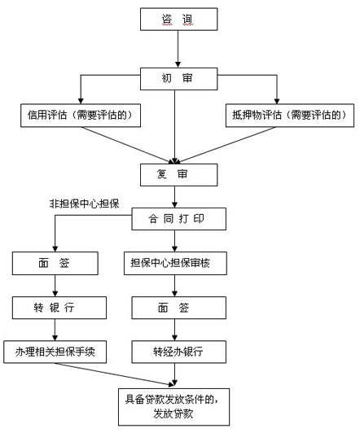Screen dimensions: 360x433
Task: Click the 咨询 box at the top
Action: click(178, 19)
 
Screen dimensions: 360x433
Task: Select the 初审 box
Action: click(178, 79)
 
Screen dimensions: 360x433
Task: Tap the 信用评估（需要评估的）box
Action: click(81, 116)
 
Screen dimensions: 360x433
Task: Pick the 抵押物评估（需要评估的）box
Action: click(290, 116)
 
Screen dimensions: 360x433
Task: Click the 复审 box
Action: click(178, 175)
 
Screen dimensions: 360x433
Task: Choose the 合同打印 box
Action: click(178, 219)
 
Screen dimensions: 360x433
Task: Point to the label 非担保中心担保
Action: click(84, 203)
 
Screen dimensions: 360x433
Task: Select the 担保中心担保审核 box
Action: click(175, 263)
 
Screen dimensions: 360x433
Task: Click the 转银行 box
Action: click(59, 308)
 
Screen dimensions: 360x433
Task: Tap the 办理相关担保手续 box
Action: click(55, 352)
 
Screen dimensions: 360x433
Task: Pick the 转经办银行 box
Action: click(178, 352)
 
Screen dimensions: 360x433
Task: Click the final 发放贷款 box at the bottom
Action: click(173, 407)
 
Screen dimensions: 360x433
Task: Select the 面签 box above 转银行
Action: click(55, 263)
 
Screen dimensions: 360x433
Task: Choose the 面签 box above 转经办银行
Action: click(178, 308)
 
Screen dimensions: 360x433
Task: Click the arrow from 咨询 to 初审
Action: click(178, 49)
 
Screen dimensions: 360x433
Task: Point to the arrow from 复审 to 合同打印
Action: click(174, 197)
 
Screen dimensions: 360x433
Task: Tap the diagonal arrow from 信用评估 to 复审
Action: click(128, 145)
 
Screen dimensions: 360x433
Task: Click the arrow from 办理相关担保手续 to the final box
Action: click(115, 374)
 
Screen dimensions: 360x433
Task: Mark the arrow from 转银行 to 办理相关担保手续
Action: click(55, 330)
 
